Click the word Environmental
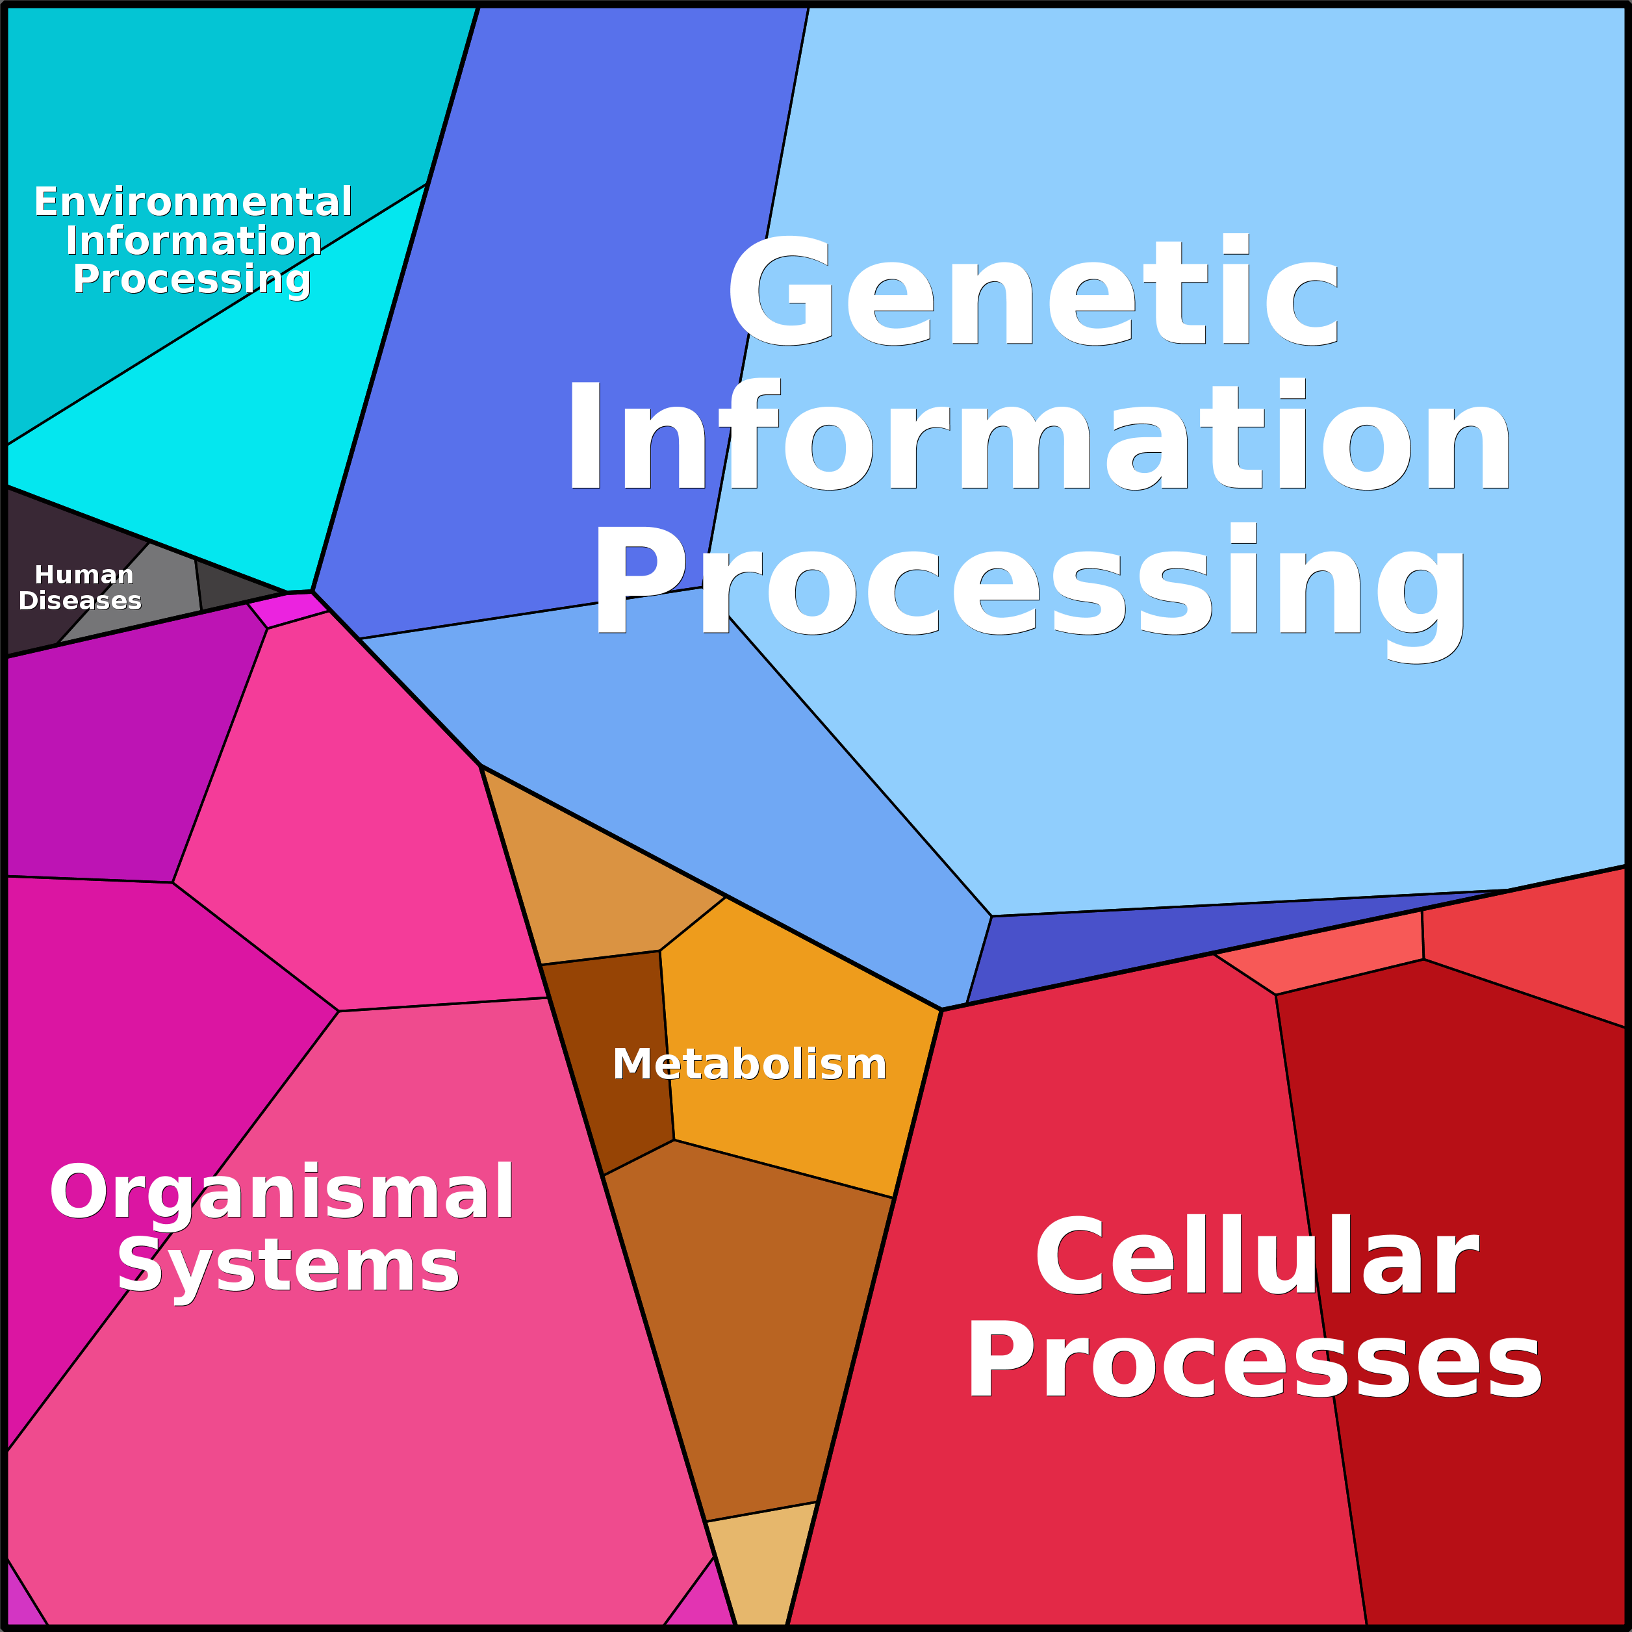[x=192, y=202]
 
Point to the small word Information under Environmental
[x=194, y=241]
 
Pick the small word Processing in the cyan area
[x=192, y=279]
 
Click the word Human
[x=84, y=574]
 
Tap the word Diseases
[x=81, y=600]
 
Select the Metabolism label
[x=749, y=1064]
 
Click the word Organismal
[x=281, y=1192]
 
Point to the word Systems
[x=287, y=1266]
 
